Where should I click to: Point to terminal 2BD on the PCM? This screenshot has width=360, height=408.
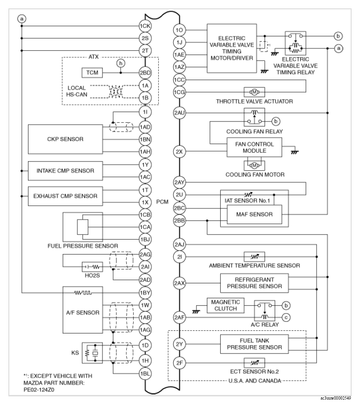pyautogui.click(x=145, y=73)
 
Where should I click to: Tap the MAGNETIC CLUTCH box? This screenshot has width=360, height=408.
pyautogui.click(x=222, y=305)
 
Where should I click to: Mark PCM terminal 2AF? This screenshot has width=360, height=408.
pyautogui.click(x=179, y=318)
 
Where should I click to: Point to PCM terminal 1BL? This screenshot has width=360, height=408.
pyautogui.click(x=145, y=374)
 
